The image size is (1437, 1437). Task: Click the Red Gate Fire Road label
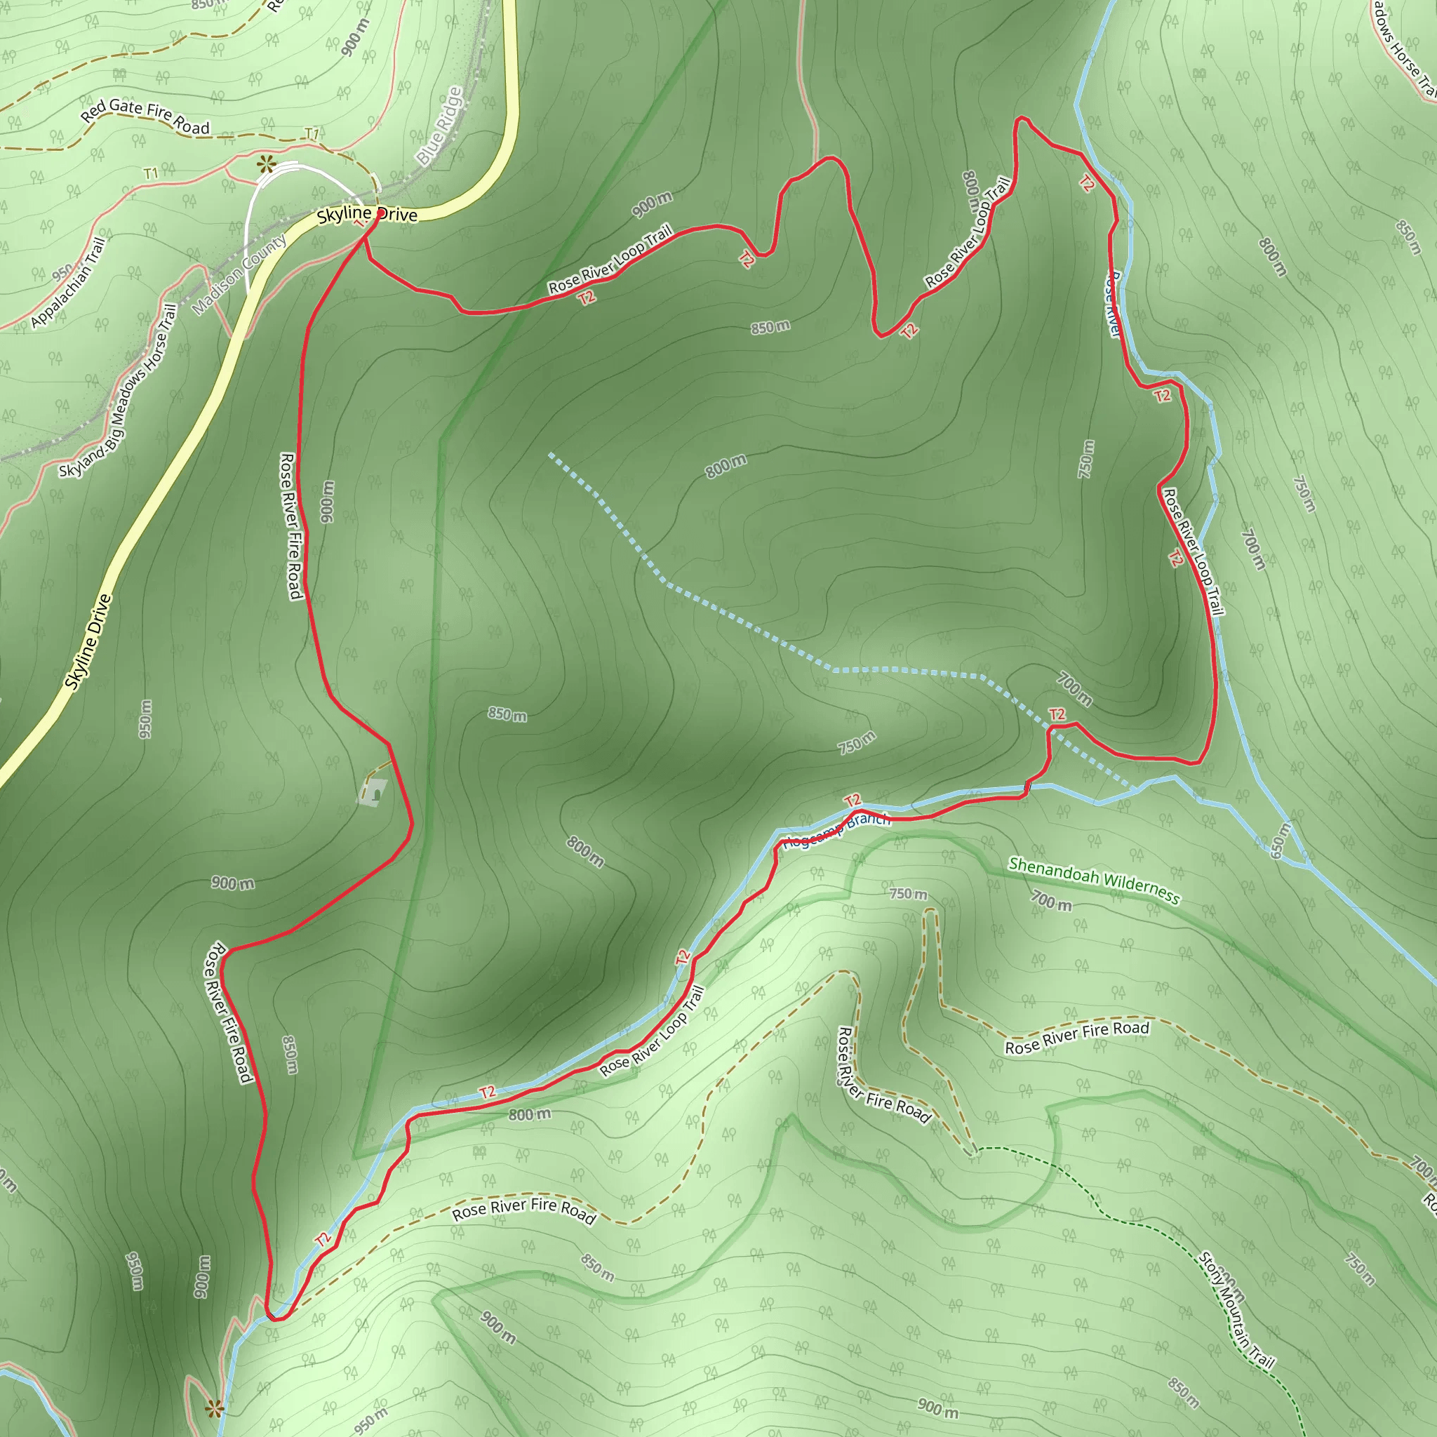(x=145, y=116)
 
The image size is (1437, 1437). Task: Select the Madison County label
(x=239, y=275)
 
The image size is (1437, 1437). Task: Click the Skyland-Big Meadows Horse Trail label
(x=119, y=392)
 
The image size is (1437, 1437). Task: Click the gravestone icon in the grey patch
(x=376, y=793)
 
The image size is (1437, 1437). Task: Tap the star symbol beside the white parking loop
(x=265, y=165)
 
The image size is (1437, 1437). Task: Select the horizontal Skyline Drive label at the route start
(x=367, y=215)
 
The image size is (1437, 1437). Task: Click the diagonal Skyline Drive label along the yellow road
(x=88, y=642)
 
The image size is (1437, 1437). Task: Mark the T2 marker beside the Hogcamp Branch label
(x=853, y=801)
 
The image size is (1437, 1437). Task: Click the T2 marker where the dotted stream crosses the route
(x=1056, y=715)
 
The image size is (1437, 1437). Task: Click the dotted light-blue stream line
(x=744, y=629)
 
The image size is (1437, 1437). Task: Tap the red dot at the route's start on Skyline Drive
(x=380, y=215)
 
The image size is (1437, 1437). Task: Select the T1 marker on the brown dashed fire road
(x=312, y=135)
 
